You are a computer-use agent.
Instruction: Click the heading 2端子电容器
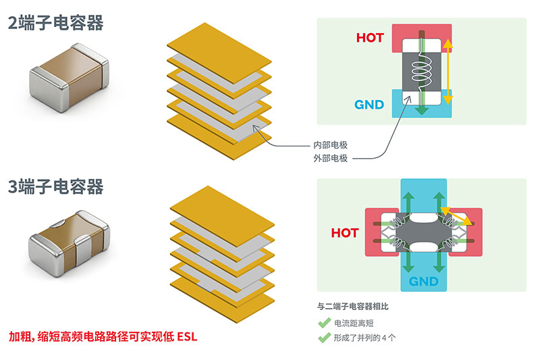coord(55,23)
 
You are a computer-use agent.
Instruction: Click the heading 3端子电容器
coord(55,186)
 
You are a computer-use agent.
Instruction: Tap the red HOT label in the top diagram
coord(370,38)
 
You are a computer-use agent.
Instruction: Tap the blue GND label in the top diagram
coord(369,105)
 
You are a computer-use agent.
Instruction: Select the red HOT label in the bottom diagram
coord(345,233)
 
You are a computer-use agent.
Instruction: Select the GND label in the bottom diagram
coord(424,282)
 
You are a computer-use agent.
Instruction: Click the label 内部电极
coord(330,145)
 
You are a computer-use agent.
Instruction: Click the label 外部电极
coord(330,158)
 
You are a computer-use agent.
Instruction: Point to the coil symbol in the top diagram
coord(421,71)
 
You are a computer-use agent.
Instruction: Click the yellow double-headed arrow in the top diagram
coord(448,72)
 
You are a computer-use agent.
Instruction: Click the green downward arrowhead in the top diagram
coord(421,111)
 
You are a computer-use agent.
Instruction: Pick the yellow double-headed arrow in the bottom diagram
coord(456,216)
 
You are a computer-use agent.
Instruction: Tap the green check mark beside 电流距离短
coord(324,323)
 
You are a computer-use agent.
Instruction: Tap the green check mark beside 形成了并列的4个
coord(324,338)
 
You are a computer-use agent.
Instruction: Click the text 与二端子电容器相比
coord(352,306)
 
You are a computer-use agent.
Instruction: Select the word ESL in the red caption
coord(187,336)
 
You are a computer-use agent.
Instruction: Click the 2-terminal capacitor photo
coord(70,78)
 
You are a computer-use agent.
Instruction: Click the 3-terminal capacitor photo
coord(70,243)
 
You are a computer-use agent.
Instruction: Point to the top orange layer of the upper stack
coord(219,53)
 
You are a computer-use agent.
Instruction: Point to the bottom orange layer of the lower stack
coord(222,299)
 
